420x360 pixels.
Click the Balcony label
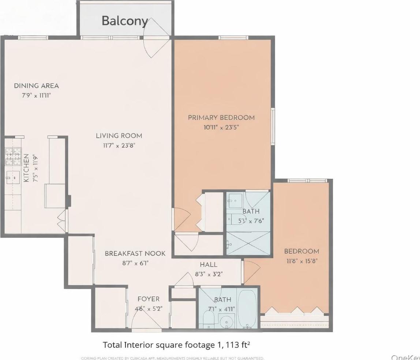pyautogui.click(x=124, y=21)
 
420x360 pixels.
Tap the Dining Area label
pyautogui.click(x=36, y=86)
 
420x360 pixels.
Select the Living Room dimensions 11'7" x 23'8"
pyautogui.click(x=119, y=145)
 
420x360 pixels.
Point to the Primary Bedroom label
pyautogui.click(x=221, y=118)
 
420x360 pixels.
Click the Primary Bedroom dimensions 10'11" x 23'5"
pyautogui.click(x=221, y=127)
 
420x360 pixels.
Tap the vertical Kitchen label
pyautogui.click(x=26, y=168)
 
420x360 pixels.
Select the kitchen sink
pyautogui.click(x=11, y=178)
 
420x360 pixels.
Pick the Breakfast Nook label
pyautogui.click(x=135, y=253)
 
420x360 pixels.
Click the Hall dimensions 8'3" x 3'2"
pyautogui.click(x=208, y=274)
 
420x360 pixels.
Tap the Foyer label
pyautogui.click(x=150, y=299)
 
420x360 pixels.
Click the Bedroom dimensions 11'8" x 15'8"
pyautogui.click(x=301, y=261)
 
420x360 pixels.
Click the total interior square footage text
pyautogui.click(x=176, y=345)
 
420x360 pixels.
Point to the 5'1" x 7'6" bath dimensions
pyautogui.click(x=251, y=221)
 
